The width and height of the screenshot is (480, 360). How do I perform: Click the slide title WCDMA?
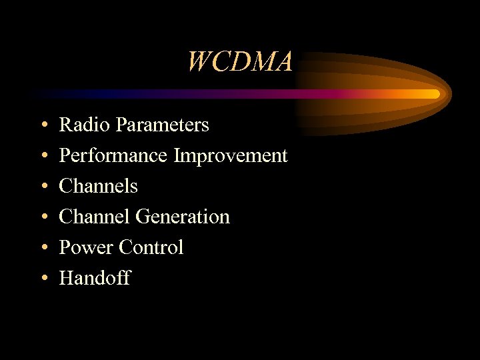tap(240, 62)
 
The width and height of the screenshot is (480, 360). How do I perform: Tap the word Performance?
tap(113, 155)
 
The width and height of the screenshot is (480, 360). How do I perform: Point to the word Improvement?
tap(231, 155)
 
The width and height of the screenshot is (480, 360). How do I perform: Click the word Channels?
tap(98, 186)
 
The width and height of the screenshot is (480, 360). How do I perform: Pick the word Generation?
tap(183, 217)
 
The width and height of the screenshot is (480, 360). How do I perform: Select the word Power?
tap(87, 247)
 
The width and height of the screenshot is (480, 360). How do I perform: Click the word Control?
tap(151, 247)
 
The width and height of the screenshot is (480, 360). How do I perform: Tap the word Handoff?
tap(95, 278)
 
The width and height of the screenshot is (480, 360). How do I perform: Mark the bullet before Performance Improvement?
tap(43, 157)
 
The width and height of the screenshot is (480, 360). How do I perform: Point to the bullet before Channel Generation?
tap(43, 218)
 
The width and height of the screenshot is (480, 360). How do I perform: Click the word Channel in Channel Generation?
tap(95, 217)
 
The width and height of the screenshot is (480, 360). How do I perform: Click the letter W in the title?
tap(199, 62)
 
